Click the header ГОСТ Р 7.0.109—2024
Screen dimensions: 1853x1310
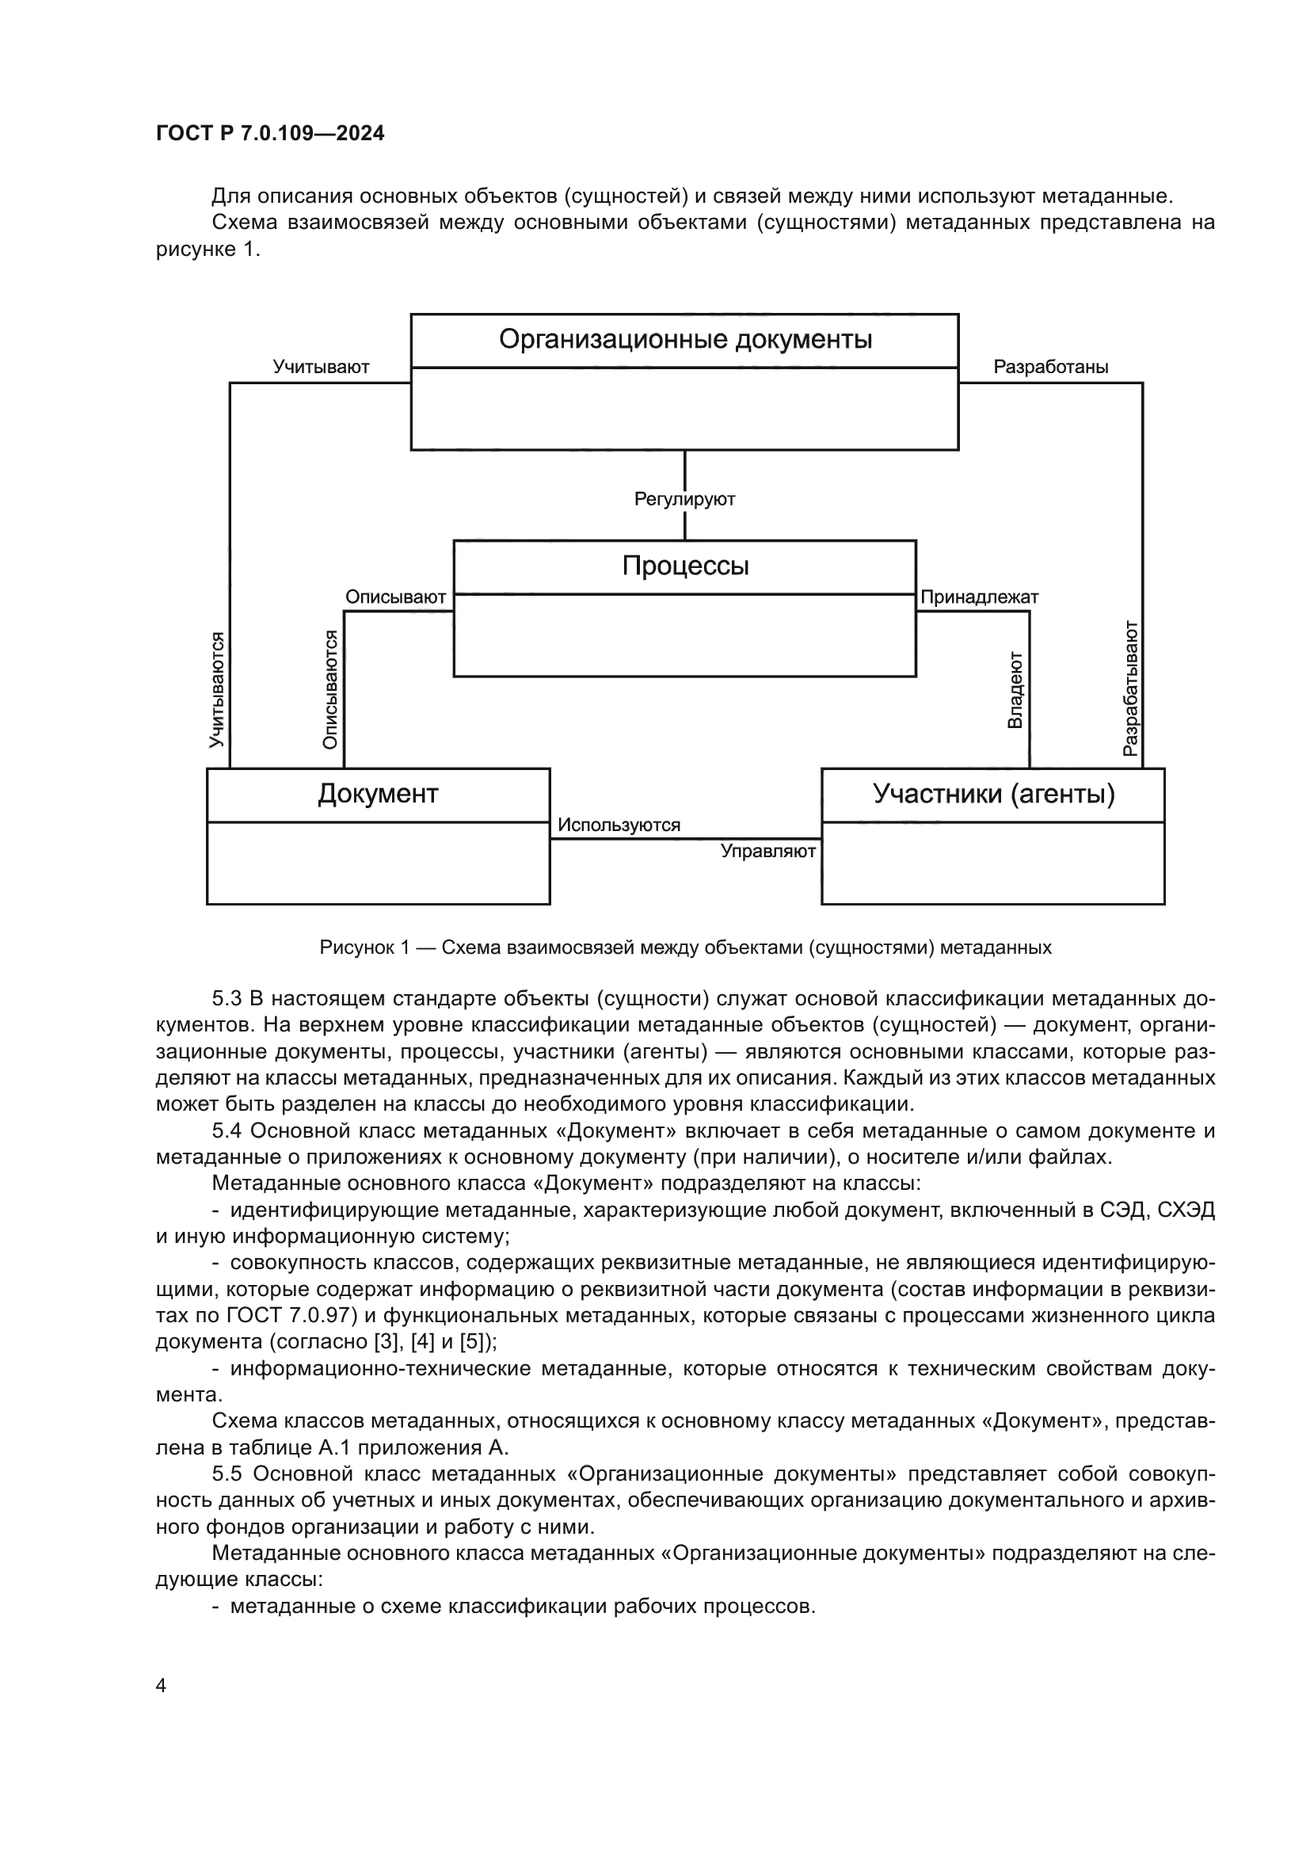(x=270, y=133)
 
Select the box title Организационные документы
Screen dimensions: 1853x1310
(x=685, y=340)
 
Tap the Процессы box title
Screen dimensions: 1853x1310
(x=685, y=566)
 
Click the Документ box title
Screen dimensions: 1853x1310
(x=378, y=794)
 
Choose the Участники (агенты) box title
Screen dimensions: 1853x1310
(x=993, y=794)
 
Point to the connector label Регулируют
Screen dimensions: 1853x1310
(x=685, y=499)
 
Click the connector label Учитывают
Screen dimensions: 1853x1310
(x=320, y=368)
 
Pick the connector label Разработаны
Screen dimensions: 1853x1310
(x=1050, y=368)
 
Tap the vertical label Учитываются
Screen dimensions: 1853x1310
(x=216, y=689)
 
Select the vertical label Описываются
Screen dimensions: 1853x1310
(x=330, y=689)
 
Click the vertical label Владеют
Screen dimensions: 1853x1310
(x=1015, y=690)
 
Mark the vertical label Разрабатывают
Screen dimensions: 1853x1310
(x=1131, y=688)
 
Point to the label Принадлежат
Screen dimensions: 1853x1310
(x=979, y=597)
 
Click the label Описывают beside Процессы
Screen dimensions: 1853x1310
(x=395, y=597)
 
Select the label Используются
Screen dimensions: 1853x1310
(x=619, y=825)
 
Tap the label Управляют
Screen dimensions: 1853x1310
(x=768, y=851)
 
